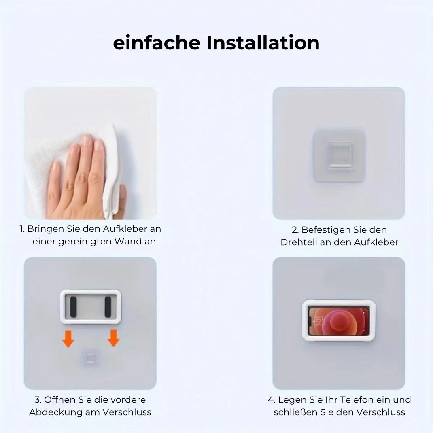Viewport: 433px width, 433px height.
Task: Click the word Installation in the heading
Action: pyautogui.click(x=263, y=43)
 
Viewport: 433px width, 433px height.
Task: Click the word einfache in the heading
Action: pyautogui.click(x=157, y=43)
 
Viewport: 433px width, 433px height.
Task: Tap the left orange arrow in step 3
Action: pyautogui.click(x=68, y=339)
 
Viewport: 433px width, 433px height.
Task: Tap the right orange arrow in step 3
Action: pyautogui.click(x=113, y=338)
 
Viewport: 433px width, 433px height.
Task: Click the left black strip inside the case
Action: pyautogui.click(x=73, y=307)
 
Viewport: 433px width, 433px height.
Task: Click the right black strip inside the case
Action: pyautogui.click(x=108, y=307)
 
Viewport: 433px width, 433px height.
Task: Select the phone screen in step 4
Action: pyautogui.click(x=339, y=321)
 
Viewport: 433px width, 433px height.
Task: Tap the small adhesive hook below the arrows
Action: pyautogui.click(x=90, y=359)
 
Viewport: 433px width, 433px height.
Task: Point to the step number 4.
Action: pyautogui.click(x=271, y=400)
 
